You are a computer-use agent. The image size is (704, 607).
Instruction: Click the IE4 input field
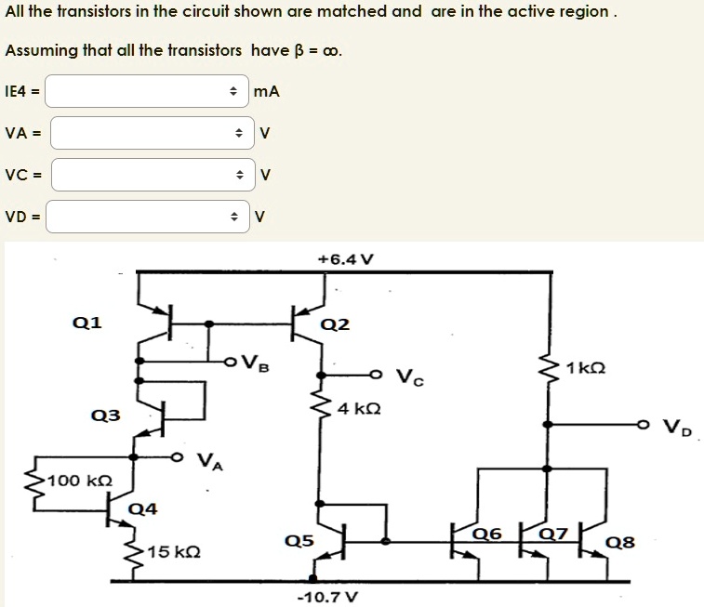coord(147,91)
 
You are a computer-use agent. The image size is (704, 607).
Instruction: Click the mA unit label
coord(267,91)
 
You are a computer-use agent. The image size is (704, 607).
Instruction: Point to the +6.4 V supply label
coord(345,258)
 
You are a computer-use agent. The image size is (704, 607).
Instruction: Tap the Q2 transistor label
coord(335,324)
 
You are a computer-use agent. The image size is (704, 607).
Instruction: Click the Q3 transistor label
coord(106,415)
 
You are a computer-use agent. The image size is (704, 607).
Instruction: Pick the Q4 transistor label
coord(143,508)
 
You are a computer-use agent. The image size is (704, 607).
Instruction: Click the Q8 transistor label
coord(618,542)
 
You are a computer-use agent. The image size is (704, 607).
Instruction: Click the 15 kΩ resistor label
coord(173,552)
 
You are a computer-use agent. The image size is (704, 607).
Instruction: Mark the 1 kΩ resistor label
coord(585,368)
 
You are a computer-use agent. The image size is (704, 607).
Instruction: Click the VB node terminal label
coord(255,362)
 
